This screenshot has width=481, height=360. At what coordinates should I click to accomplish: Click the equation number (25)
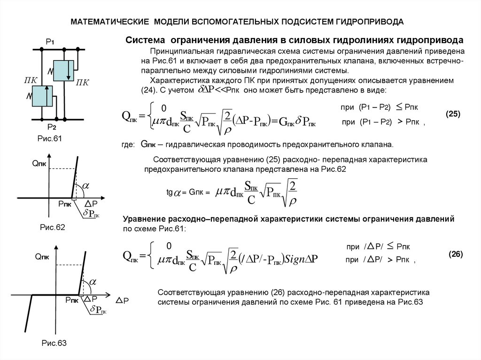(453, 114)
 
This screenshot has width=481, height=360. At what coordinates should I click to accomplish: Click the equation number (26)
(455, 254)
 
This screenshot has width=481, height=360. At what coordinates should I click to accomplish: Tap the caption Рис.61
(50, 138)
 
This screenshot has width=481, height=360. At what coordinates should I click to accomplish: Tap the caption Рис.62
(52, 228)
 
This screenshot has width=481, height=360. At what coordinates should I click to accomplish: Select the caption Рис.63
(54, 343)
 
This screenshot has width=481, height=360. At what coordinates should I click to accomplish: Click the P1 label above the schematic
(50, 42)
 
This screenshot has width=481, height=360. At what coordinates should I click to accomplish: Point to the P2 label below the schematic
(51, 127)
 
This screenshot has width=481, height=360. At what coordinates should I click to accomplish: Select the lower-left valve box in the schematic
(43, 96)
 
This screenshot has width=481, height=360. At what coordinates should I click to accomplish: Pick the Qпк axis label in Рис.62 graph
(40, 163)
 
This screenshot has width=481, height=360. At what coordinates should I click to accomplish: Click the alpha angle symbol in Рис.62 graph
(86, 186)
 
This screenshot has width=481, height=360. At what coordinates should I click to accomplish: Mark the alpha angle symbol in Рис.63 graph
(93, 282)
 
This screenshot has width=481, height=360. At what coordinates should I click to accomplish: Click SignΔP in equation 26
(303, 260)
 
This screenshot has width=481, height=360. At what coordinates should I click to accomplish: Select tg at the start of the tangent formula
(170, 192)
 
